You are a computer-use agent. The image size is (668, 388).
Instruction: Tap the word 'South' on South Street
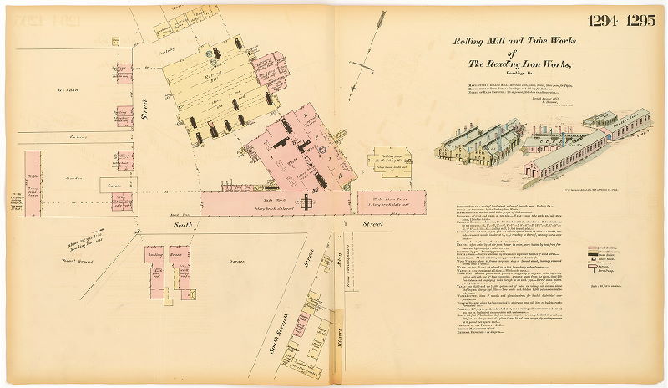click(183, 223)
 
